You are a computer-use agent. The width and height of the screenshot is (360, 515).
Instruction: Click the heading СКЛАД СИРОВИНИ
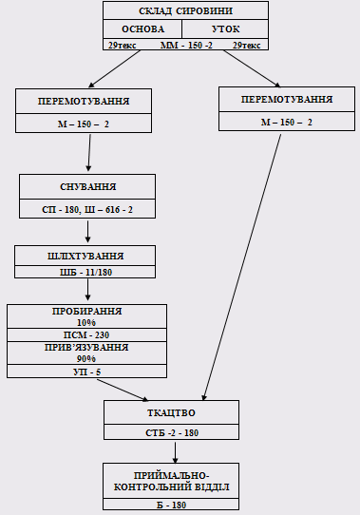pyautogui.click(x=185, y=11)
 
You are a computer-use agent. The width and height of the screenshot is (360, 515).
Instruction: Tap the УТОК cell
pyautogui.click(x=225, y=29)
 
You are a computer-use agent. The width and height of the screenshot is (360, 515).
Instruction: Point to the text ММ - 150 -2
pyautogui.click(x=186, y=45)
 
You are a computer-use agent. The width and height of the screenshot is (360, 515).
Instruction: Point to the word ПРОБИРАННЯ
pyautogui.click(x=86, y=311)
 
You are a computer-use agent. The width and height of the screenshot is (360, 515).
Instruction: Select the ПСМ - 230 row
pyautogui.click(x=86, y=334)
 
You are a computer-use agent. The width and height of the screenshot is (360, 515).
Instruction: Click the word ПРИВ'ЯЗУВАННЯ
pyautogui.click(x=86, y=347)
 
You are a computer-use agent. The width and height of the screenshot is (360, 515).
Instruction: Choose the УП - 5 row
pyautogui.click(x=86, y=372)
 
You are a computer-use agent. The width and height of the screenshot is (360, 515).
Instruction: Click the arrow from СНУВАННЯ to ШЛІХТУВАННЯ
pyautogui.click(x=87, y=232)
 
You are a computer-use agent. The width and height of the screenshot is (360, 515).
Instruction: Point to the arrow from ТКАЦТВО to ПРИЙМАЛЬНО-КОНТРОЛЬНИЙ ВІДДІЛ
pyautogui.click(x=176, y=452)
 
